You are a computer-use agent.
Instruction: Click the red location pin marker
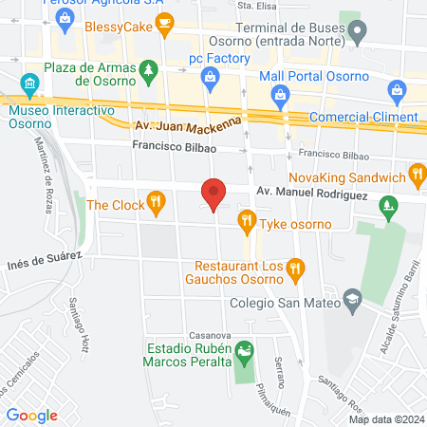214,195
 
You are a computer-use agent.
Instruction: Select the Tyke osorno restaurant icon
247,223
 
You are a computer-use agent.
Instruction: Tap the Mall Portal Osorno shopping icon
281,93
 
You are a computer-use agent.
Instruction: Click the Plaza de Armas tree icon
147,70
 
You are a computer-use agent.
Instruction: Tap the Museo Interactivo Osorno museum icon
31,85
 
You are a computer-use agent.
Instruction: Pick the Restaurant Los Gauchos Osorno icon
295,269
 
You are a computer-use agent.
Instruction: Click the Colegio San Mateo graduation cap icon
352,298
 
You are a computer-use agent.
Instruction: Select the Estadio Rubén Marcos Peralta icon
246,354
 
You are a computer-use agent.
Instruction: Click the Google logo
31,415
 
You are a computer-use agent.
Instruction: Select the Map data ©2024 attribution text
384,419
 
